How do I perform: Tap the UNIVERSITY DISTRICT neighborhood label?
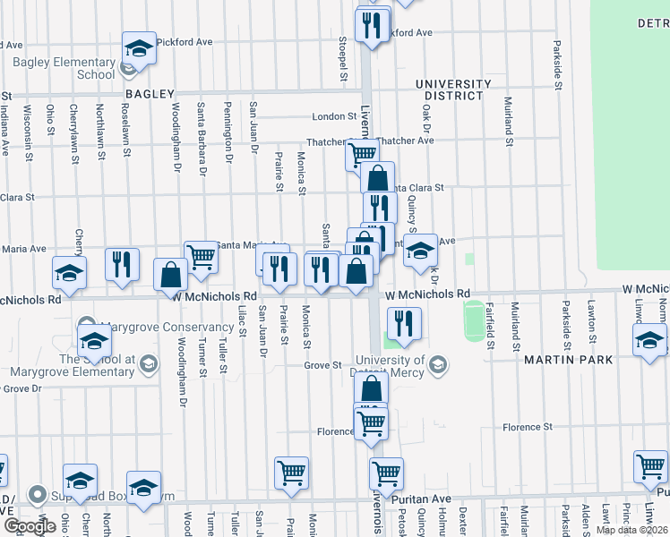pos(454,90)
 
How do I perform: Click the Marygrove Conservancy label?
pos(155,326)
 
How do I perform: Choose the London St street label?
pos(334,117)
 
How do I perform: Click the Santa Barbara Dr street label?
pos(203,142)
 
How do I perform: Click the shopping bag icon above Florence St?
pos(371,388)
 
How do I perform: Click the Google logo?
pos(30,526)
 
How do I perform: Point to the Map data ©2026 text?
pos(631,529)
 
